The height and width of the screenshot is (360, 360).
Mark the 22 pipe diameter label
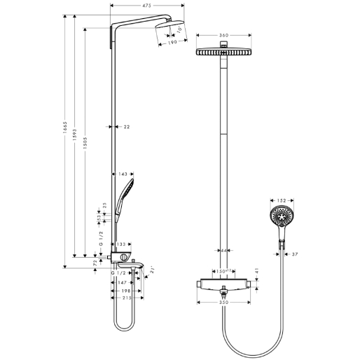[126, 127]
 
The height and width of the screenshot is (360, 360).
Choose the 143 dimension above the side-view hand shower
[122, 174]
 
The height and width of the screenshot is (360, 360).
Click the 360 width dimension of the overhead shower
[224, 35]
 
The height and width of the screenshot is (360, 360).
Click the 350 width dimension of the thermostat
[224, 303]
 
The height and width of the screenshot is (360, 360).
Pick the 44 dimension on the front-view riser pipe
[225, 250]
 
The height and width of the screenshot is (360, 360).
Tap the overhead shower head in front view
[224, 54]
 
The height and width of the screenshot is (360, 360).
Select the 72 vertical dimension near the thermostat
[95, 262]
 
